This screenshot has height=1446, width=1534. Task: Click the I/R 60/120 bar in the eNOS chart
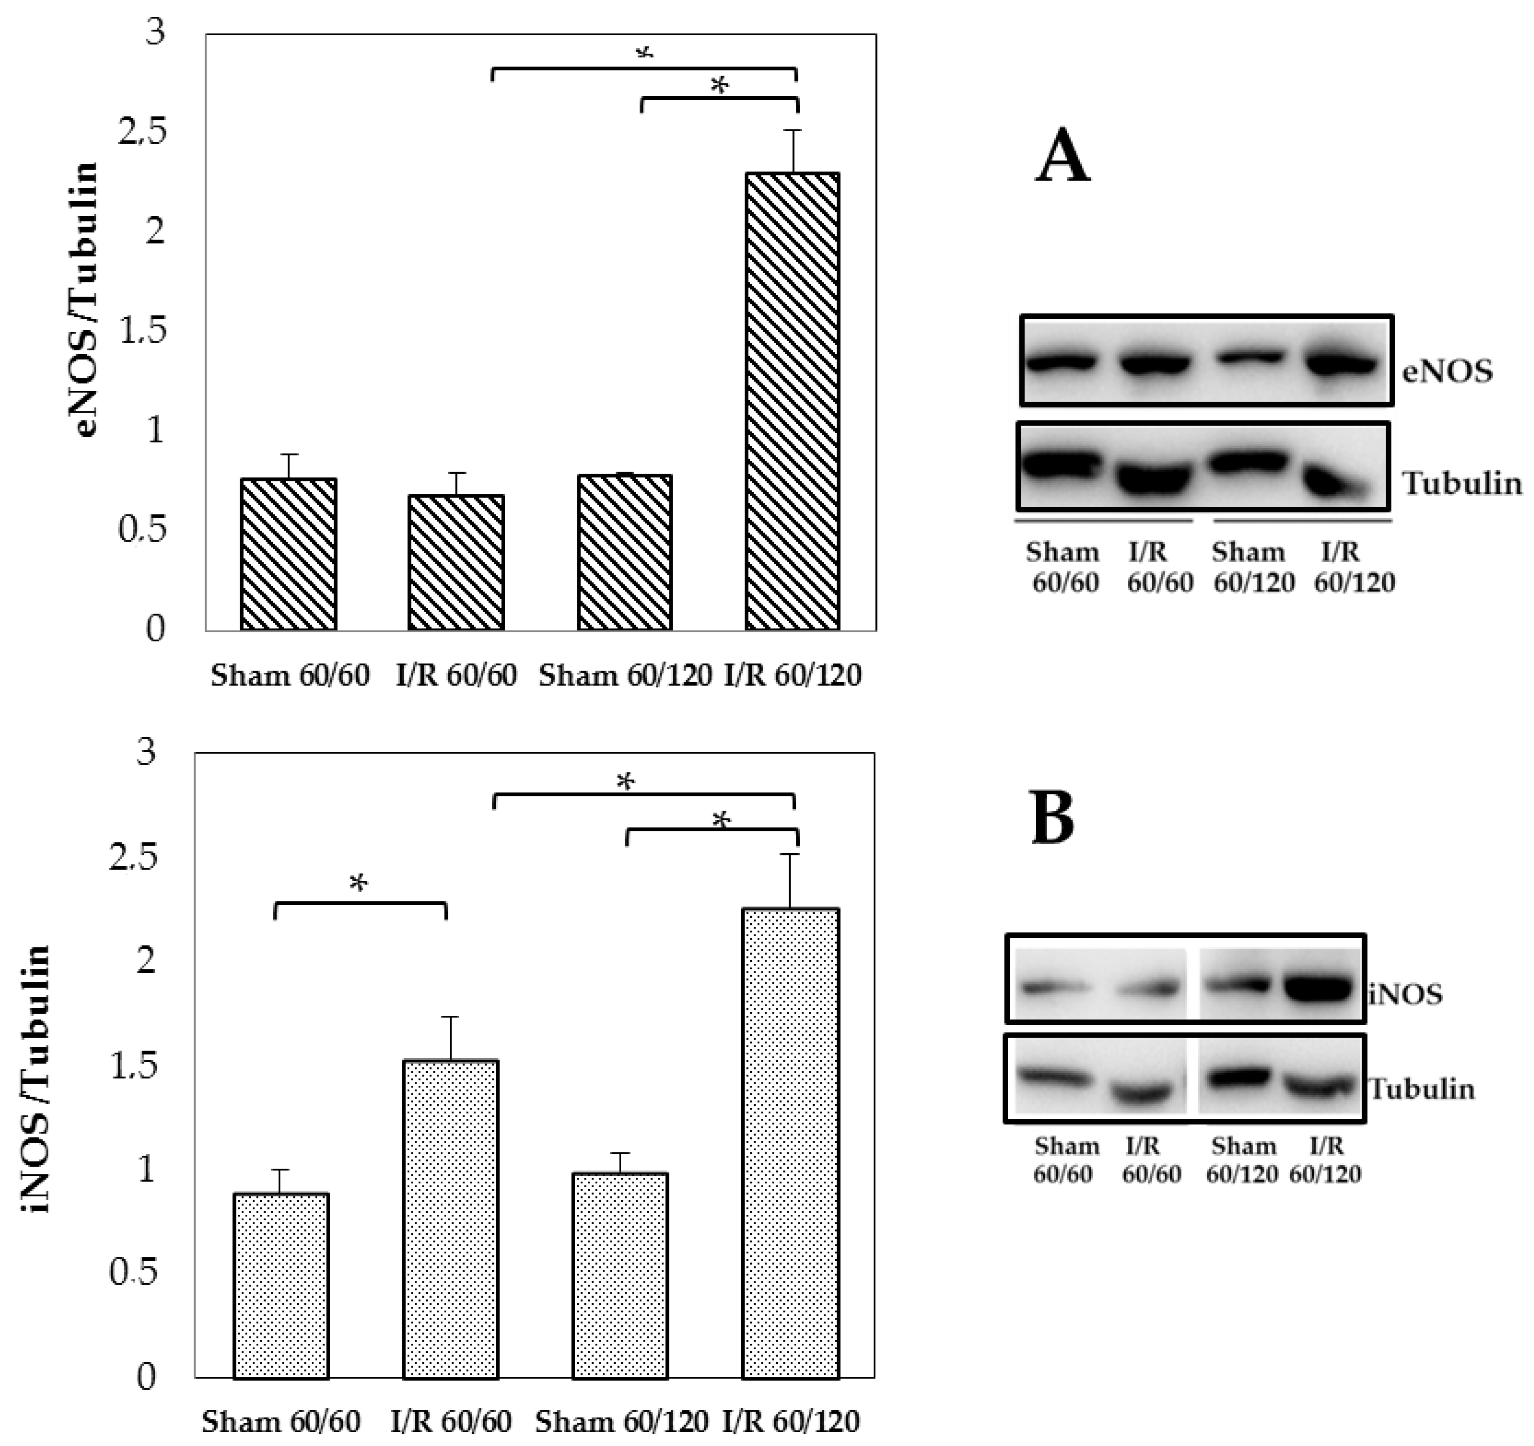pos(792,401)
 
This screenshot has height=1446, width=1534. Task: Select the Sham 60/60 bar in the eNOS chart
pos(288,554)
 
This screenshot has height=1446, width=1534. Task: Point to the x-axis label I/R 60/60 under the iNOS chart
pos(451,1421)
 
